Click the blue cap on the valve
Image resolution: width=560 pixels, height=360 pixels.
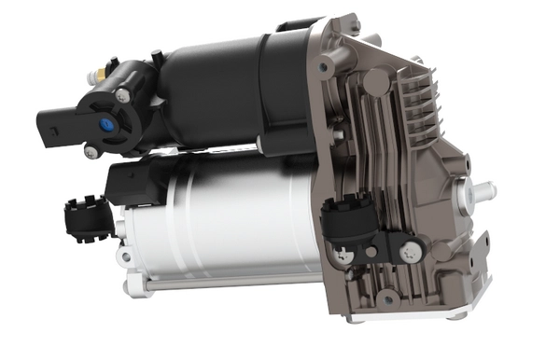(105, 123)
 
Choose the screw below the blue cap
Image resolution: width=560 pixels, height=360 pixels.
(91, 151)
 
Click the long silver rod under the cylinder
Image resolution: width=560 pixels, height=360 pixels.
(224, 284)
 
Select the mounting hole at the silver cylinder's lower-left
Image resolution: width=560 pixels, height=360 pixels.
(123, 254)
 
